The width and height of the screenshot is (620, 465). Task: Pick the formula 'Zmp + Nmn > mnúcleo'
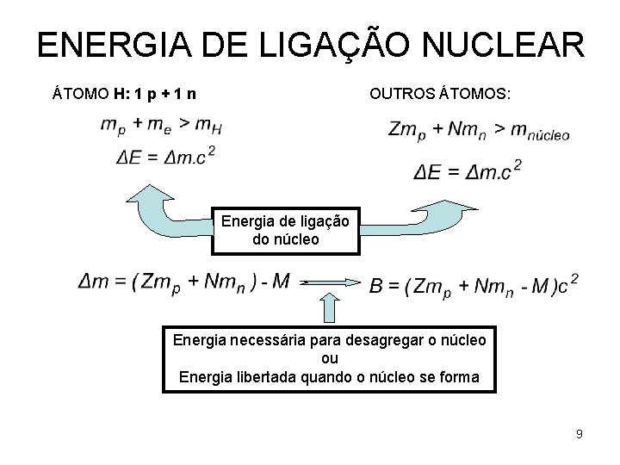479,130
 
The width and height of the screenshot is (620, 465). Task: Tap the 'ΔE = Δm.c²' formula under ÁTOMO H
165,157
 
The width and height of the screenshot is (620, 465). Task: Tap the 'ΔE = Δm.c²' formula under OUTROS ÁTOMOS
468,170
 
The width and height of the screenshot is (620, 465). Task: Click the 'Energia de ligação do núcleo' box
285,230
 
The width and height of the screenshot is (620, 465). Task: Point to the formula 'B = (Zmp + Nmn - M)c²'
474,286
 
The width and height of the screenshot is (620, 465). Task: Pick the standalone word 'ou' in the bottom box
329,357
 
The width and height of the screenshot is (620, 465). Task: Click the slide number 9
580,434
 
